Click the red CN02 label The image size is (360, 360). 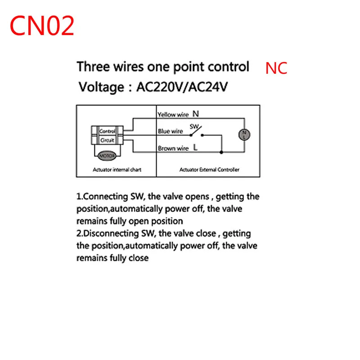point(42,26)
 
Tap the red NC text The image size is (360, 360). point(276,68)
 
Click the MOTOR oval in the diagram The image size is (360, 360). point(107,156)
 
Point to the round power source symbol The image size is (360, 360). point(243,134)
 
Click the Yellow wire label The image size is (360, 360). point(173,115)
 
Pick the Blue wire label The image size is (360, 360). point(170,131)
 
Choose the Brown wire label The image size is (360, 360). point(173,148)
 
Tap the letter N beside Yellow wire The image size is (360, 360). point(196,114)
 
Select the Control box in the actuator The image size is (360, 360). point(107,131)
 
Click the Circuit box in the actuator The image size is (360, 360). point(107,140)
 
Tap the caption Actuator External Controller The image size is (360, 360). point(209,170)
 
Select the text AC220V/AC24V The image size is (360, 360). point(182,86)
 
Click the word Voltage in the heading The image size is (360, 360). point(101,86)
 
